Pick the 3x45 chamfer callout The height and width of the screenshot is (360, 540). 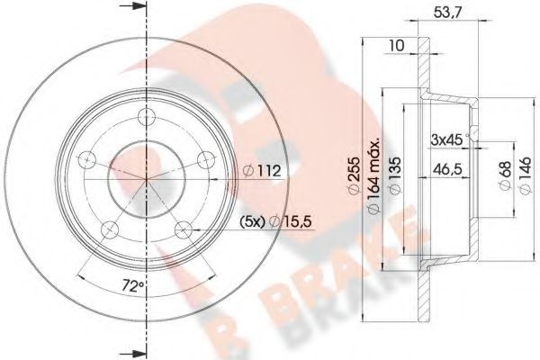point(445,138)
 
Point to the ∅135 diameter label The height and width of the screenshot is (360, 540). point(394,171)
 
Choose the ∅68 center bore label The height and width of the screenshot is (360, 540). point(503,171)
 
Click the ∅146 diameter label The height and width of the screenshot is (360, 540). point(525,171)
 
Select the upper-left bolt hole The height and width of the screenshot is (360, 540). point(87,160)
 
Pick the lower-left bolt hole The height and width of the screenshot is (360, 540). point(110,227)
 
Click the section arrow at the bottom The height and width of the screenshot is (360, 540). point(136,348)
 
